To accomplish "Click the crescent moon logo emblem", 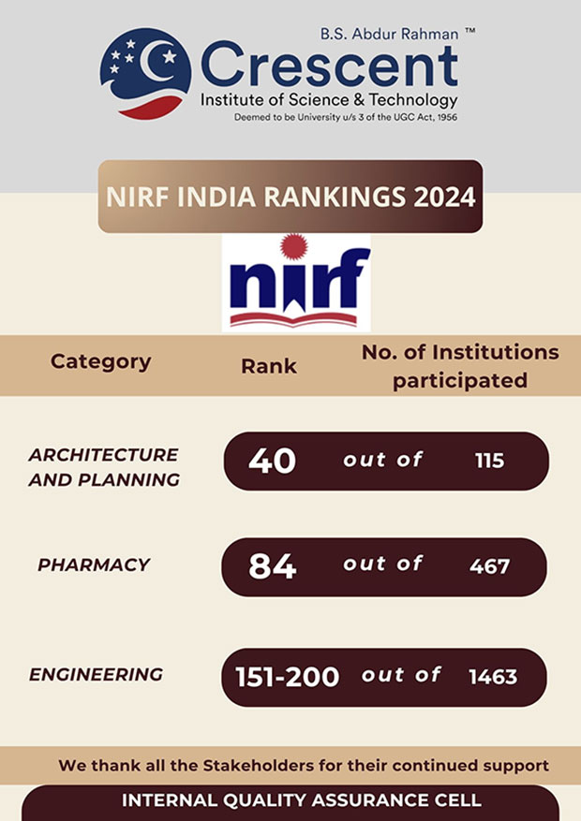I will click(x=145, y=74).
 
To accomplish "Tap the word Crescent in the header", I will click(x=329, y=66).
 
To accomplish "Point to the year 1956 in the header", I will click(x=442, y=117).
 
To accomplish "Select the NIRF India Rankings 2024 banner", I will click(x=290, y=198).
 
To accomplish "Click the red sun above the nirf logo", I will click(x=294, y=247).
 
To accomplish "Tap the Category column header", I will click(x=100, y=361).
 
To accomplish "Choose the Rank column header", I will click(x=269, y=366).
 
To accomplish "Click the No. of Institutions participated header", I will click(x=460, y=366).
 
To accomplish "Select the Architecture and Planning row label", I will click(x=103, y=467).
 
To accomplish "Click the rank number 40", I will click(x=272, y=461).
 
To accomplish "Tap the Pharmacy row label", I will click(x=94, y=564).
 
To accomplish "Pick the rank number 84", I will click(x=272, y=566).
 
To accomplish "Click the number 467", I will click(x=489, y=566).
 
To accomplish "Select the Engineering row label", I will click(x=96, y=674).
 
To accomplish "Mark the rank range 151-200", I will click(x=288, y=677).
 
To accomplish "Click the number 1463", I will click(x=493, y=677).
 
